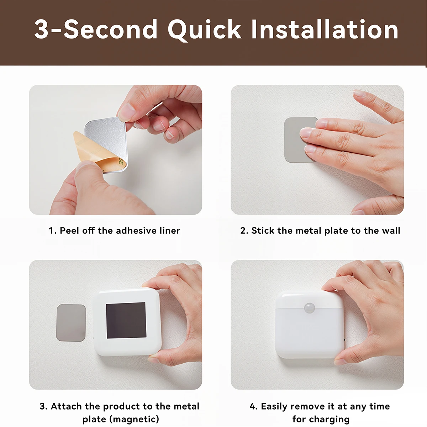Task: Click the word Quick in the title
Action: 204,30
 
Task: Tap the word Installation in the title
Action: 325,29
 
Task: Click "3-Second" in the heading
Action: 96,29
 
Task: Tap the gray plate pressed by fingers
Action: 295,139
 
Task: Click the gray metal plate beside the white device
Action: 71,322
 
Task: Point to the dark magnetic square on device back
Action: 126,320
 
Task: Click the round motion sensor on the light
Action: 309,308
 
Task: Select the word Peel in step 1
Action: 69,231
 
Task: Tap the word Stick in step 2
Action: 263,231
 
